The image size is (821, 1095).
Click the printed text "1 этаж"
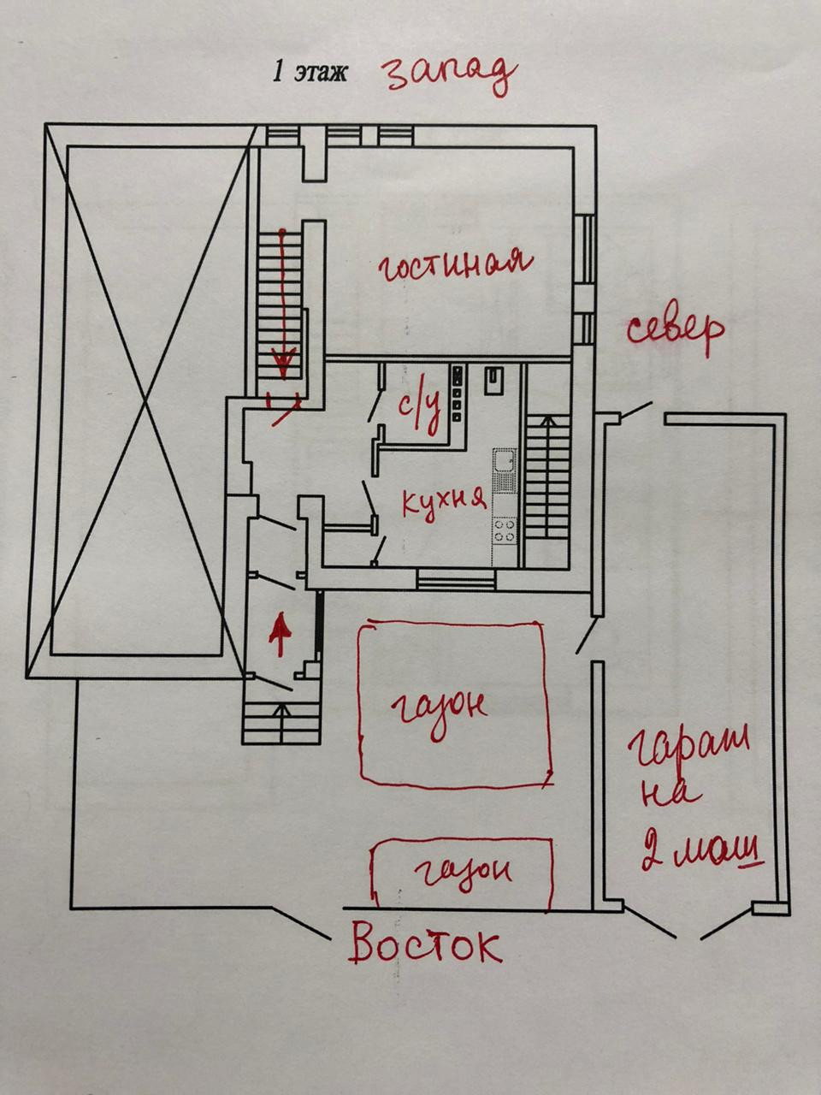(310, 72)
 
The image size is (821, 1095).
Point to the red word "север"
(676, 330)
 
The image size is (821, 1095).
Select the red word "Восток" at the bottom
(425, 945)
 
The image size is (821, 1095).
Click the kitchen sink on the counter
(505, 463)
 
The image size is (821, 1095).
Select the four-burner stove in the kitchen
(505, 530)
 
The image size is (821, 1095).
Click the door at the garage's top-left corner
(634, 411)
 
